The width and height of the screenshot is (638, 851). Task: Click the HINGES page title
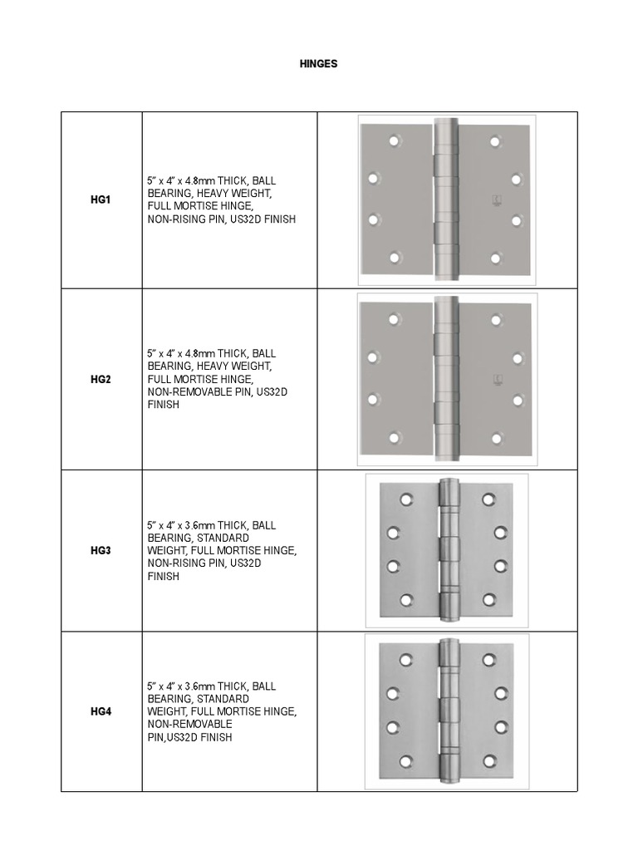[318, 64]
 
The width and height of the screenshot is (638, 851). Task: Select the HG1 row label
[101, 200]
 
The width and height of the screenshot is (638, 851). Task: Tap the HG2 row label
[101, 379]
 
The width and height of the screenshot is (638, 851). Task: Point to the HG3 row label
[101, 550]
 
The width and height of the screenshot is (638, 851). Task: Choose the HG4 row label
[101, 711]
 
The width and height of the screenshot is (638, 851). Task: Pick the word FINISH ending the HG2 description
[163, 405]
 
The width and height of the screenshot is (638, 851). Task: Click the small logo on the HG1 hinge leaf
[495, 200]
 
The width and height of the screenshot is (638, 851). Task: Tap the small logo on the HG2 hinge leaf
[495, 379]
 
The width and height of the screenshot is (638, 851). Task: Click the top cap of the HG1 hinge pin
[446, 124]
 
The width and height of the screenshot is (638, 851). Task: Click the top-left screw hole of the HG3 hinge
[406, 499]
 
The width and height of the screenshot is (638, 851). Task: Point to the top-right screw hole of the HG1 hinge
[495, 141]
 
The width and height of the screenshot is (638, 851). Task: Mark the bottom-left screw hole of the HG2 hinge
[395, 437]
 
